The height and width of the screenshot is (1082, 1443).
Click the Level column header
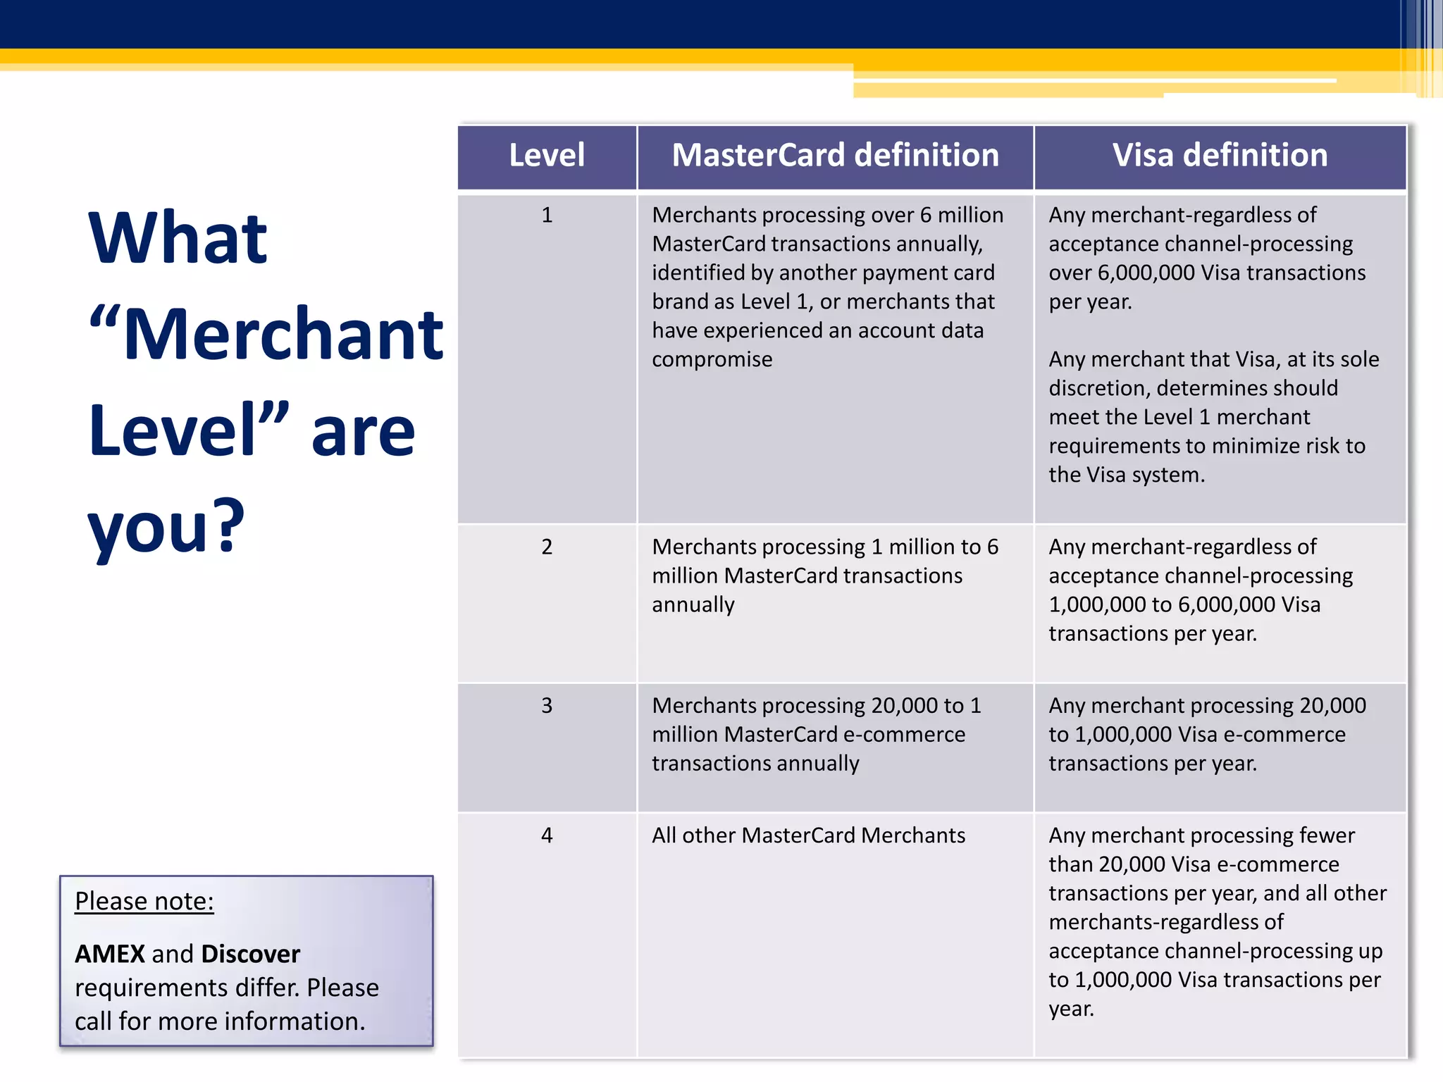(x=547, y=155)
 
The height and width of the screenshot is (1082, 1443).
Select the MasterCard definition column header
(x=835, y=155)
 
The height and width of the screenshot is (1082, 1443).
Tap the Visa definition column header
(x=1220, y=155)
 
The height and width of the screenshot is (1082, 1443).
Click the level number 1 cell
(x=547, y=215)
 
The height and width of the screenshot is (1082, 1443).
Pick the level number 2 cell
(x=547, y=547)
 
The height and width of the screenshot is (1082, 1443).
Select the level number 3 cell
(x=547, y=705)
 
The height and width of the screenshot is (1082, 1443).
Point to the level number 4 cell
(x=547, y=835)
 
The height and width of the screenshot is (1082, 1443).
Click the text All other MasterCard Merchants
(x=808, y=835)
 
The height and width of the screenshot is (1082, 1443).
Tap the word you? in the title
(x=166, y=527)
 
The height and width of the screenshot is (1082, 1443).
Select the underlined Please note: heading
(x=144, y=901)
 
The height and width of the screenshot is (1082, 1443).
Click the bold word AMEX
(x=110, y=954)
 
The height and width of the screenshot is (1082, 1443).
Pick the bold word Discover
(x=250, y=954)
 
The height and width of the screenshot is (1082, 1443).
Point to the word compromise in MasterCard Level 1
(x=712, y=359)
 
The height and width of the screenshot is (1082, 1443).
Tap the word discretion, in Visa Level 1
(x=1099, y=388)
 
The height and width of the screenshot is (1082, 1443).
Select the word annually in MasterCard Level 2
(x=693, y=604)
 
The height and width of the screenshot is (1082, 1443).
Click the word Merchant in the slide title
(x=283, y=335)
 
